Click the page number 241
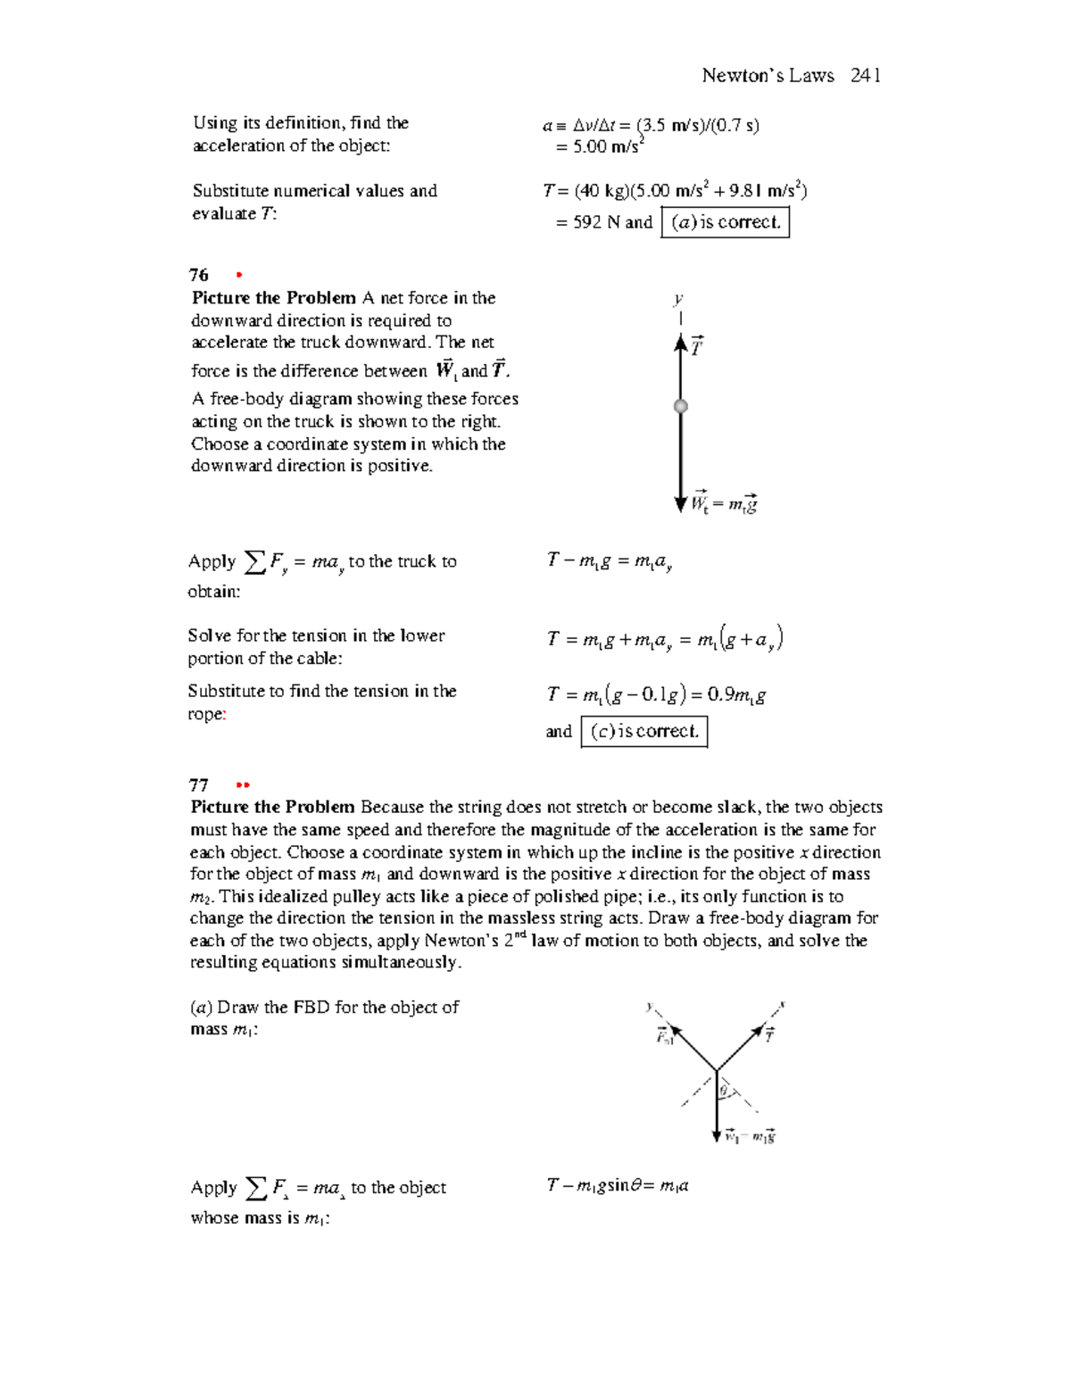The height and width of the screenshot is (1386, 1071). (865, 76)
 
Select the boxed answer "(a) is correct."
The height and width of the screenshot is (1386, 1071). (726, 222)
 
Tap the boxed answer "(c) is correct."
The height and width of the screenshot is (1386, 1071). (644, 732)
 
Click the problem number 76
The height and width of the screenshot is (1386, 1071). (198, 275)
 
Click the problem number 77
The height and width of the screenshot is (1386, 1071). (198, 785)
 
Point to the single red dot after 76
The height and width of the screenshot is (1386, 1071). (239, 275)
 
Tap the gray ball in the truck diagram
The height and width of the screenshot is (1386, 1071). (681, 406)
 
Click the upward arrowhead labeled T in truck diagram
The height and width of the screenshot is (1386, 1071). (681, 343)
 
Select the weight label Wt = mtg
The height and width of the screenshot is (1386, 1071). (725, 504)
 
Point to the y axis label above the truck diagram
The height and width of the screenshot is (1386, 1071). (678, 300)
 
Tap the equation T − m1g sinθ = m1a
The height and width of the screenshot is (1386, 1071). (617, 1186)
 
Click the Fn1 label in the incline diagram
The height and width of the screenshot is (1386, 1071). (665, 1036)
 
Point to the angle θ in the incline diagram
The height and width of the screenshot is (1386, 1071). (725, 1091)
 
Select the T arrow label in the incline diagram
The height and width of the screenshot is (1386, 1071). (769, 1034)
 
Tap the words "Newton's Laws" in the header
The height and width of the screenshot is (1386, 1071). (768, 76)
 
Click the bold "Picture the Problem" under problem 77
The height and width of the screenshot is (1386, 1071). (272, 807)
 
